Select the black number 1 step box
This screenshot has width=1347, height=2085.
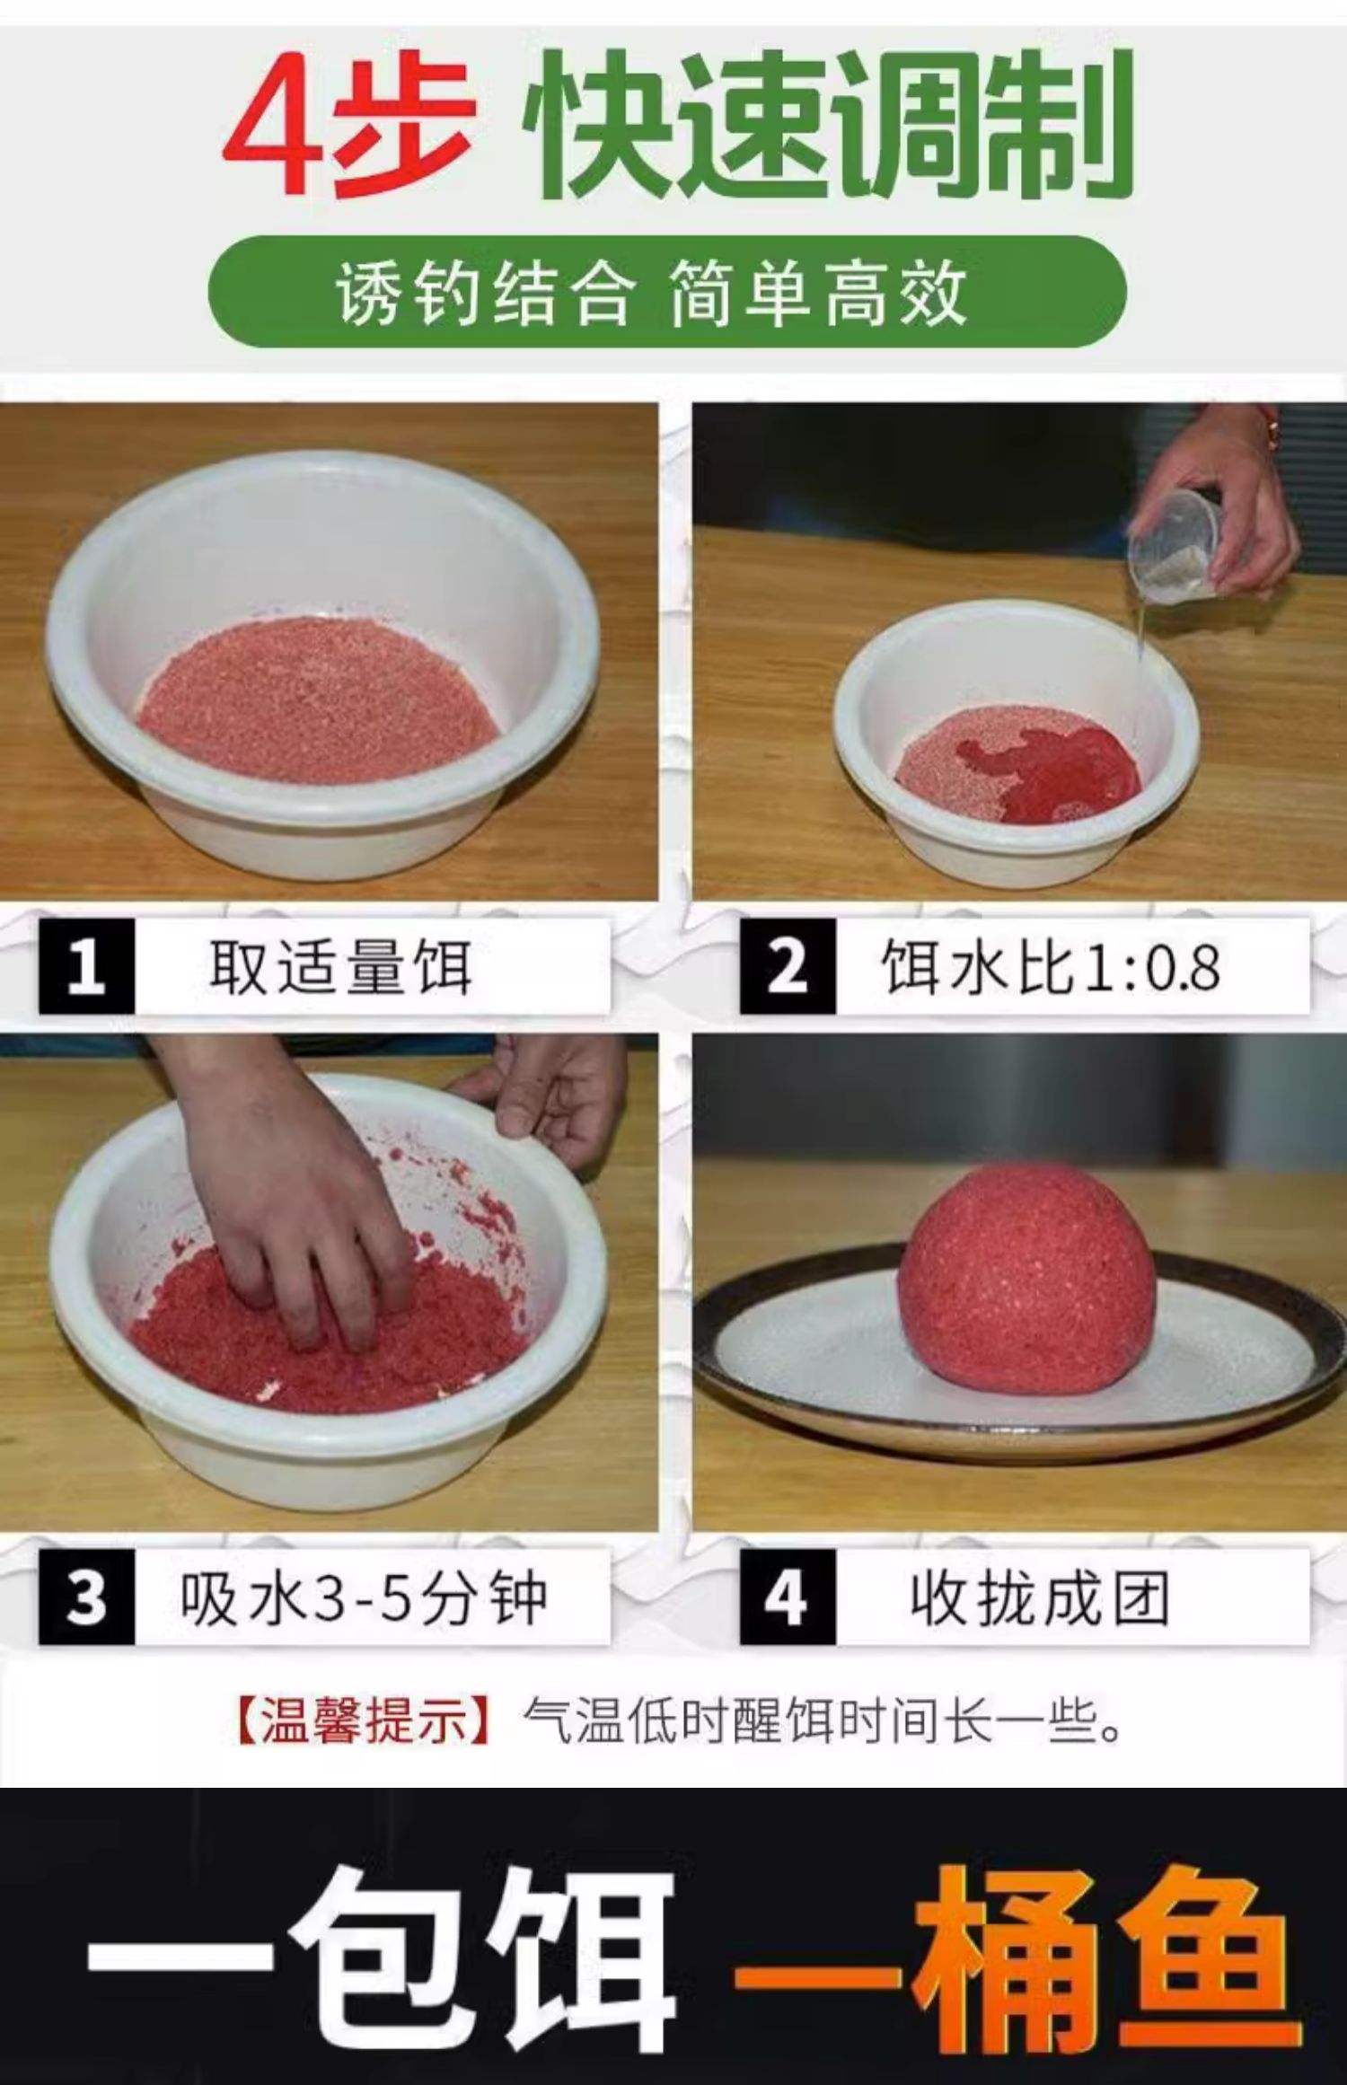click(86, 967)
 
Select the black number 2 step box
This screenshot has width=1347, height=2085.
click(787, 967)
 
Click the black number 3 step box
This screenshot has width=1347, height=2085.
click(86, 1597)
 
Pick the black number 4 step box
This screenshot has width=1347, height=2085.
click(787, 1597)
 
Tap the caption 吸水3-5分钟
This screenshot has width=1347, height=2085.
click(363, 1598)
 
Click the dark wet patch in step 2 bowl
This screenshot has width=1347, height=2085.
click(1064, 772)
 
